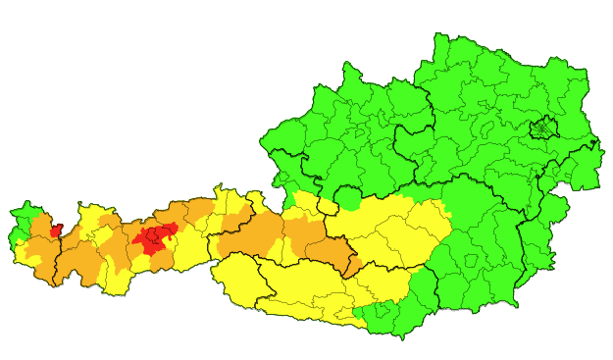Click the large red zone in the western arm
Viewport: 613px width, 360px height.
[154, 237]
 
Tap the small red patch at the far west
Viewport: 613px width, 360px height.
[56, 231]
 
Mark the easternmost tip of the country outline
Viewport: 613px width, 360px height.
[602, 186]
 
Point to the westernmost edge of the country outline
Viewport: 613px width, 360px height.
[10, 235]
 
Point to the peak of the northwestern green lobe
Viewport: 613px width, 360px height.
[345, 65]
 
